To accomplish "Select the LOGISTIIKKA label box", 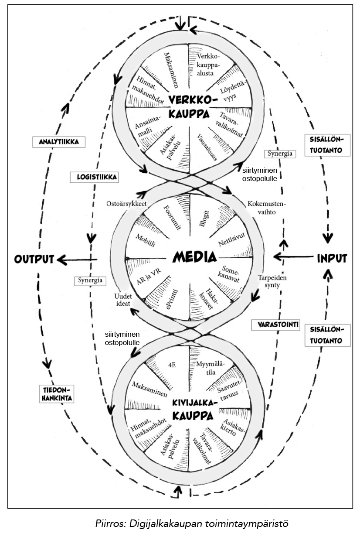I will pyautogui.click(x=95, y=178).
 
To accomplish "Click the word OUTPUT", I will pyautogui.click(x=34, y=259).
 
